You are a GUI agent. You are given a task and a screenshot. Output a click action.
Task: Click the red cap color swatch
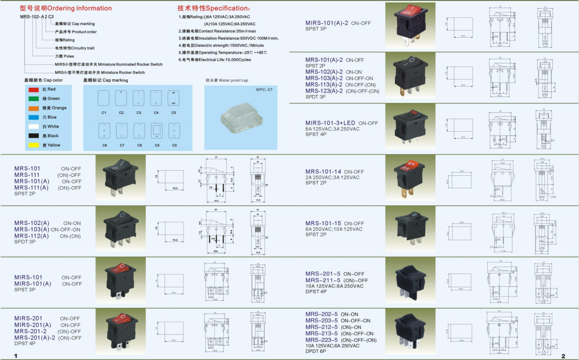point(34,89)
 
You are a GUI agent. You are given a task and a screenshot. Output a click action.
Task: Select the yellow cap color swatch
point(34,145)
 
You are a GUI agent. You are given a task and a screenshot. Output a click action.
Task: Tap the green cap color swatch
point(34,99)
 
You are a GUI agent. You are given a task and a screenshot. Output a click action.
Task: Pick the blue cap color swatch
point(34,117)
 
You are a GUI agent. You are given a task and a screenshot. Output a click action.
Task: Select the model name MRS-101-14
point(323,172)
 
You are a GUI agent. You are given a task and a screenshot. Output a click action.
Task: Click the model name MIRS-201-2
point(30,331)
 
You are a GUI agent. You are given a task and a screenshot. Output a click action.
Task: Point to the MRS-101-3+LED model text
point(330,123)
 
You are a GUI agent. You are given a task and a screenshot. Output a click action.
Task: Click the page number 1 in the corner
point(16,356)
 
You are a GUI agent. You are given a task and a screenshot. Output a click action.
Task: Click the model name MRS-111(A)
point(32,188)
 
